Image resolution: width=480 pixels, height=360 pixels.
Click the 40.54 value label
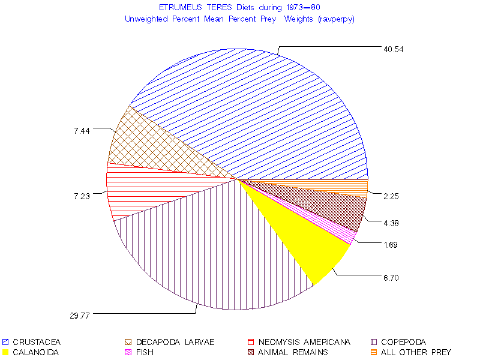tap(394, 49)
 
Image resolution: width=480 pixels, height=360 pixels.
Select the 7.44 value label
tap(82, 131)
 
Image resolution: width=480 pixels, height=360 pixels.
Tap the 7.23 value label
tap(82, 196)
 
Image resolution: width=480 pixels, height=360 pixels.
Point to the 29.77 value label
tap(79, 315)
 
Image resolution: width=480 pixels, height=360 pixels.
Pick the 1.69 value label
tap(391, 245)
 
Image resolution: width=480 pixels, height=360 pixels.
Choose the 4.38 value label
tap(391, 223)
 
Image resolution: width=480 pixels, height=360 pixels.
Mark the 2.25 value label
tap(391, 196)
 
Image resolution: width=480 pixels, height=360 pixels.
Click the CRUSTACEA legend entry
tap(36, 343)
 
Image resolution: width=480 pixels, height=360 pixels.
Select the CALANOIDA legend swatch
tap(5, 352)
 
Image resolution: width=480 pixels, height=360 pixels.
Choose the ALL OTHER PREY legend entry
tap(415, 352)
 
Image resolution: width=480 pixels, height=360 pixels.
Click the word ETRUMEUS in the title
tap(178, 7)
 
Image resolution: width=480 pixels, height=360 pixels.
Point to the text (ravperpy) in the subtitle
tap(337, 19)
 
